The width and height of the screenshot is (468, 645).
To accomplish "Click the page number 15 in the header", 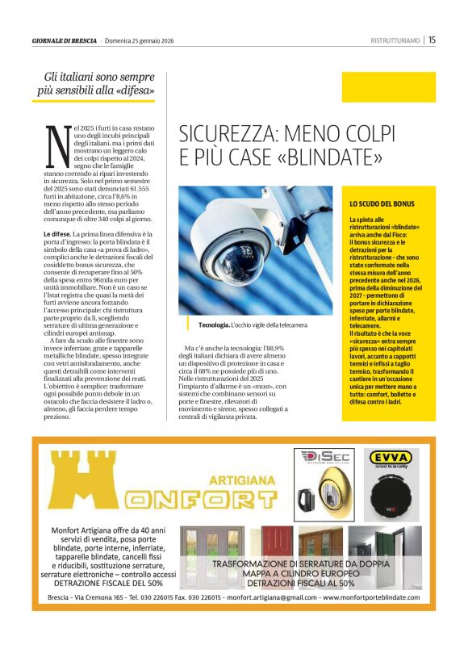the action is point(432,40).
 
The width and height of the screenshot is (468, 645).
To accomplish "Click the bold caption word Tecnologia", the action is point(214,325).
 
